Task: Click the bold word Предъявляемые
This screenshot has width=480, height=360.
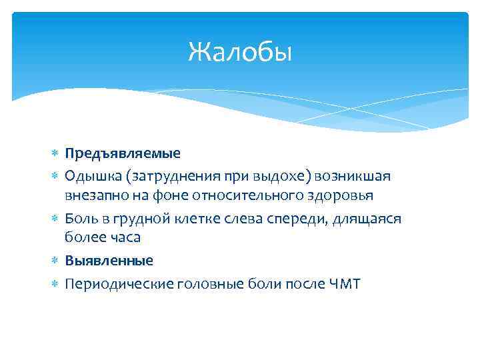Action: (123, 153)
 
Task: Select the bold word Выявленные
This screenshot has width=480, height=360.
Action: (109, 261)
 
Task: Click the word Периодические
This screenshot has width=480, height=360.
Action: (113, 284)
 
